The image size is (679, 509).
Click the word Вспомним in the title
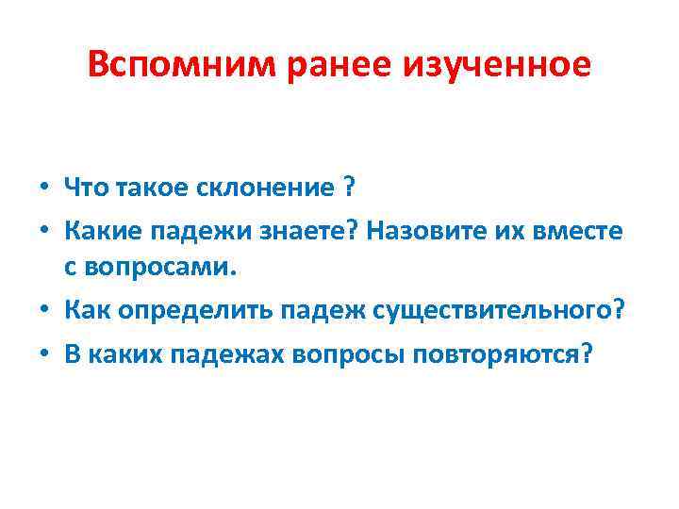162,65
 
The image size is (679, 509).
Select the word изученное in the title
495,65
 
